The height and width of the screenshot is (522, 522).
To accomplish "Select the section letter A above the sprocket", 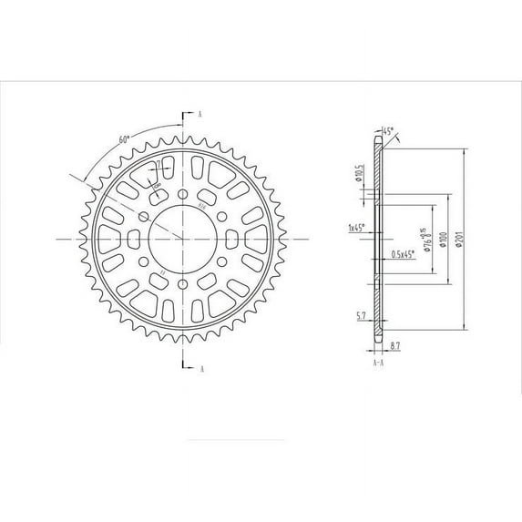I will pyautogui.click(x=199, y=115).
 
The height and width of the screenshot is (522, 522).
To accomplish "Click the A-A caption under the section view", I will pyautogui.click(x=378, y=361).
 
